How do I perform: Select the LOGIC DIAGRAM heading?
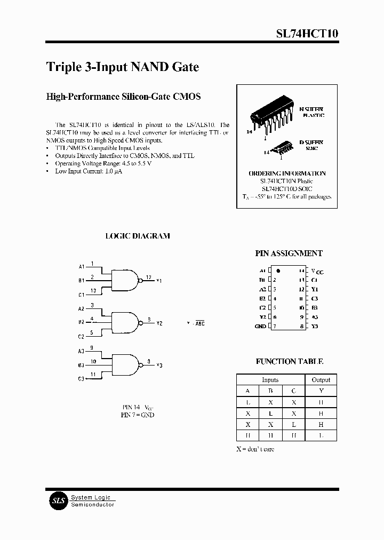click(x=138, y=236)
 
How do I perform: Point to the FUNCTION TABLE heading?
click(x=290, y=361)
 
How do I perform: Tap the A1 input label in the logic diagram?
click(x=82, y=266)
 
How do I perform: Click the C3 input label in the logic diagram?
click(x=81, y=379)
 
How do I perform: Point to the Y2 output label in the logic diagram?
click(x=159, y=323)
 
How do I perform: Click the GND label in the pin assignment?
click(x=260, y=326)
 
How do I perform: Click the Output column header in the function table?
click(x=321, y=380)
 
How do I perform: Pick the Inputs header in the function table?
click(x=270, y=380)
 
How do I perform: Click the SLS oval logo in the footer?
click(x=57, y=501)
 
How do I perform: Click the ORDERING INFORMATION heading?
click(x=287, y=173)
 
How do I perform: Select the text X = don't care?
click(x=255, y=449)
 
